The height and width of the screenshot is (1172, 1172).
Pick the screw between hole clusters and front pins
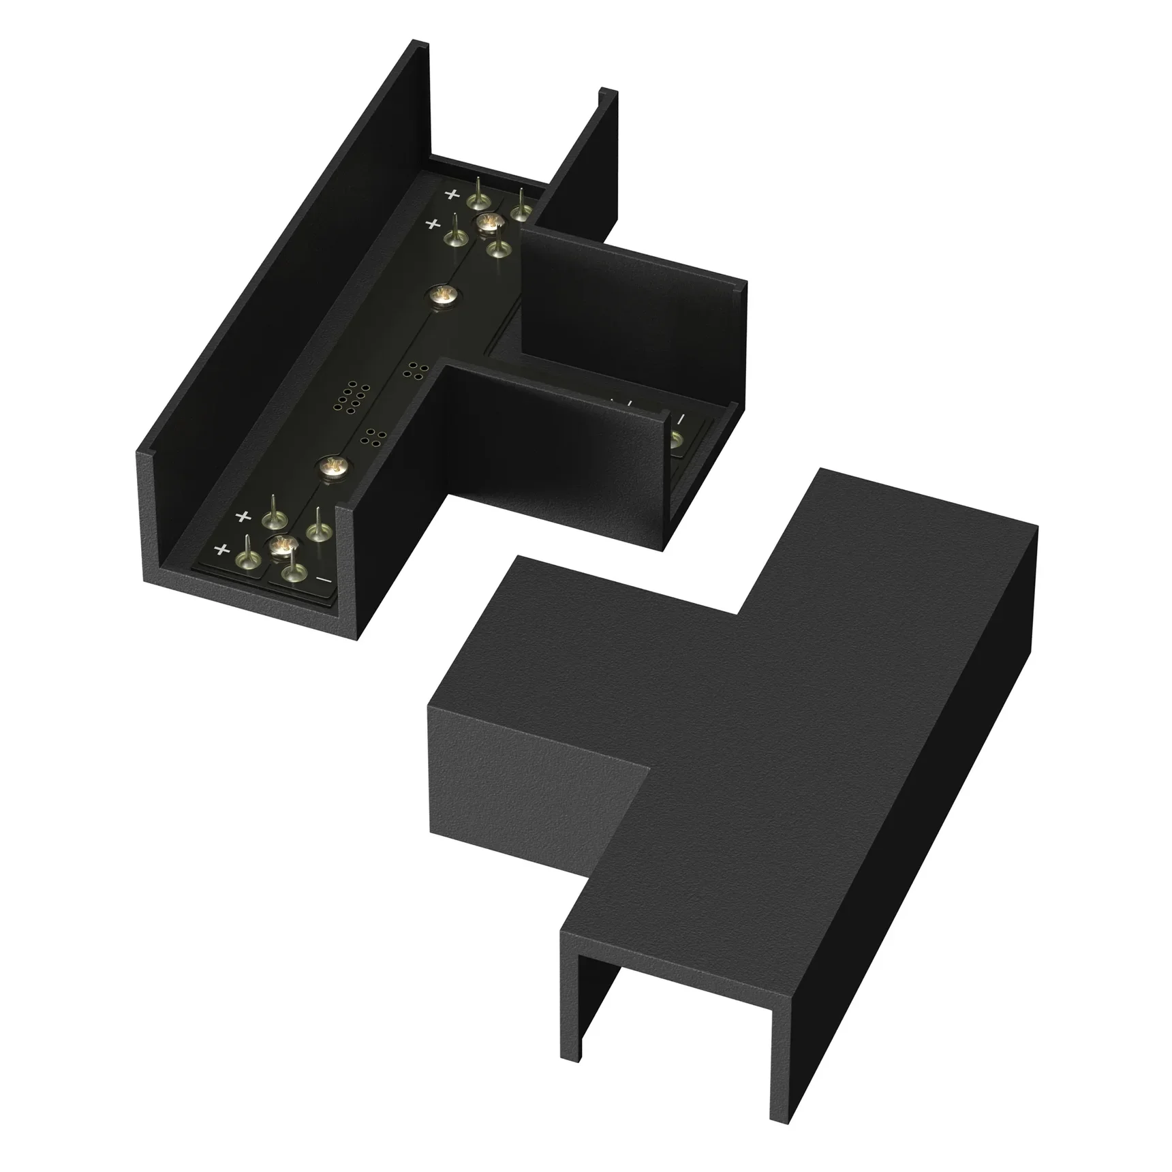pos(332,467)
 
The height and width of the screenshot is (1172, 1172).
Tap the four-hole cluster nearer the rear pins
pos(414,370)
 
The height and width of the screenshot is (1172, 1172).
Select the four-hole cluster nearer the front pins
pos(374,437)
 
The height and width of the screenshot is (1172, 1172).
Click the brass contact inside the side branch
pos(676,439)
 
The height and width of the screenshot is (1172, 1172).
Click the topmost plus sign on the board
pos(452,194)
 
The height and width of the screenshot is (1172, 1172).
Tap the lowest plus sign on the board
pos(221,549)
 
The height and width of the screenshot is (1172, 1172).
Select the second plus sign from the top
pos(431,223)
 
